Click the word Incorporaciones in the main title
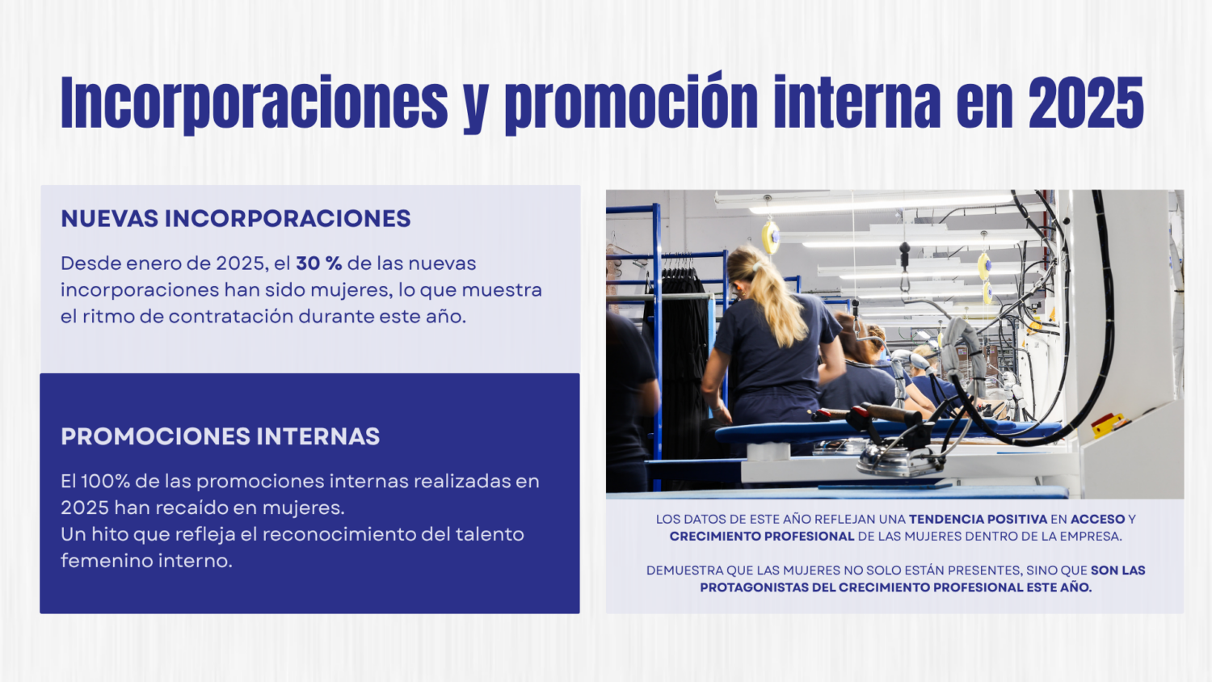click(255, 103)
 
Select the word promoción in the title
click(631, 103)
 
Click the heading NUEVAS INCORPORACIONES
click(236, 219)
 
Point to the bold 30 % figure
click(318, 263)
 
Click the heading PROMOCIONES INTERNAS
click(221, 436)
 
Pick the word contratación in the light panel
click(231, 317)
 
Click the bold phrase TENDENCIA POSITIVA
click(978, 519)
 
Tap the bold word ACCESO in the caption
click(1098, 519)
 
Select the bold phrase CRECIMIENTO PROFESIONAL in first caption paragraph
click(762, 537)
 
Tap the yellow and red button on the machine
click(1107, 423)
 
